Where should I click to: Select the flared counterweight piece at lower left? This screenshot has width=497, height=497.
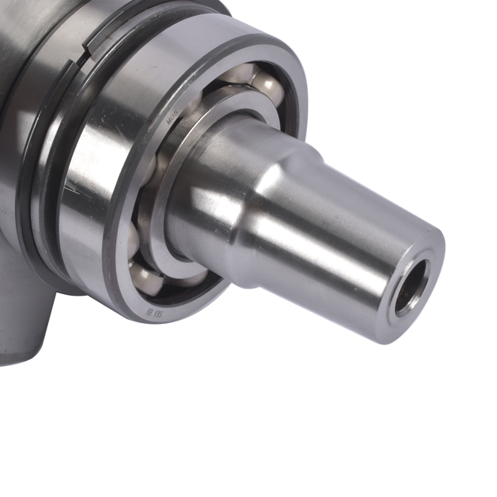coord(25,323)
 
